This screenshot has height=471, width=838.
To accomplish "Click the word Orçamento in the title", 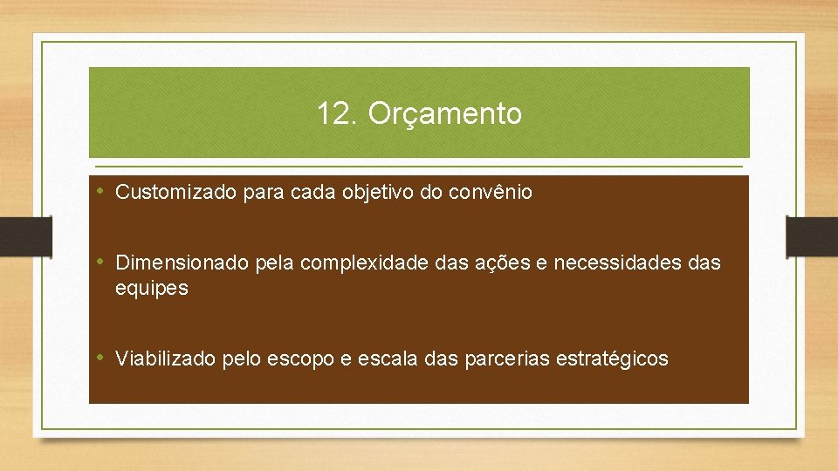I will click(445, 114).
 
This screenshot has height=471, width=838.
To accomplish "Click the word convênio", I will click(491, 193).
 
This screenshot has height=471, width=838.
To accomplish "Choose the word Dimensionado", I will click(182, 263).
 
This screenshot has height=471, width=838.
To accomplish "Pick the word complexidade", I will click(361, 263).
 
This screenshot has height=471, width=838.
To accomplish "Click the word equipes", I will click(151, 289).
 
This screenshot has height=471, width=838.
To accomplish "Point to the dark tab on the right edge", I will click(812, 236).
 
